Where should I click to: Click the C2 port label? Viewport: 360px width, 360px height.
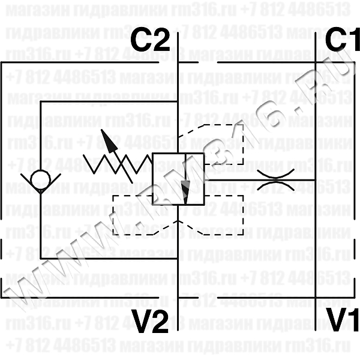(x=151, y=41)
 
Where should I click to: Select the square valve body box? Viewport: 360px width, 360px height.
(x=179, y=179)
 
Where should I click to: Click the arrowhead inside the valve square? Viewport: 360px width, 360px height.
(x=185, y=192)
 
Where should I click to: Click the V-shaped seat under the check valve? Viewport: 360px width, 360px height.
(x=41, y=191)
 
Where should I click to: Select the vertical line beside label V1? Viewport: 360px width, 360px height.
(x=316, y=318)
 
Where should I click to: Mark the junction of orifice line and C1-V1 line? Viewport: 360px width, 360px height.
(x=316, y=179)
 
